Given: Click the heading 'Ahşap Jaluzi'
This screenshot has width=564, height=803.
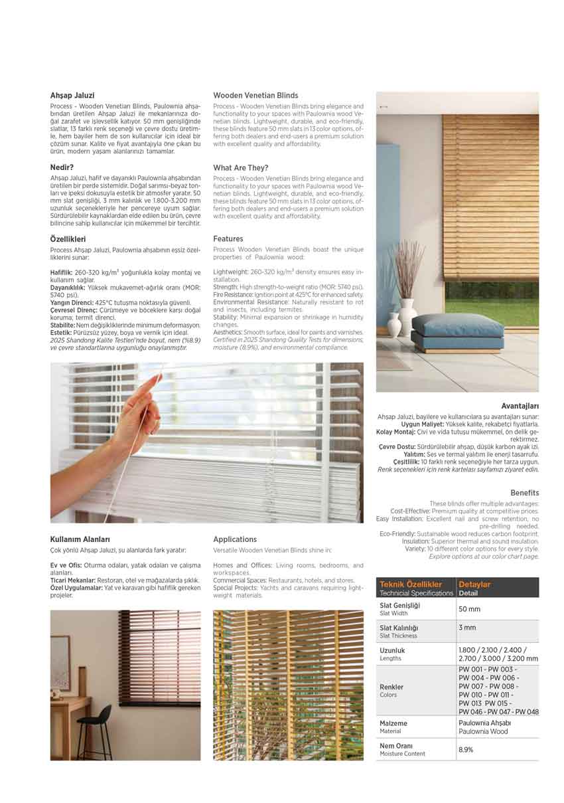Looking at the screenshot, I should click(72, 96).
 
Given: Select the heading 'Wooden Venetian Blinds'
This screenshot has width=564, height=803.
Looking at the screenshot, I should click(255, 96).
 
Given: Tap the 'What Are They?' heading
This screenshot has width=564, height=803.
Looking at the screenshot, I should click(240, 168).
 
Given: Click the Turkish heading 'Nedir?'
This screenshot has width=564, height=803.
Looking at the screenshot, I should click(62, 168).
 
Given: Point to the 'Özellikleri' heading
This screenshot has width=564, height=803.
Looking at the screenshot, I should click(68, 238).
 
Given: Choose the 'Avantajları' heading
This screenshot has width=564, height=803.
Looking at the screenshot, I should click(520, 406).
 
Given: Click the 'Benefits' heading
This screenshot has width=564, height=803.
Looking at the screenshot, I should click(524, 493).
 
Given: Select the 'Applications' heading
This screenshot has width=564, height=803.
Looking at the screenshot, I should click(235, 539).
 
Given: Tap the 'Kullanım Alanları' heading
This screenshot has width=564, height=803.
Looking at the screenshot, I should click(80, 539).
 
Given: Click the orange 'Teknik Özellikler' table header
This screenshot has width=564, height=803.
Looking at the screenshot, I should click(411, 584).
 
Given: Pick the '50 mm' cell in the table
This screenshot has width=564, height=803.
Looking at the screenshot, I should click(469, 609).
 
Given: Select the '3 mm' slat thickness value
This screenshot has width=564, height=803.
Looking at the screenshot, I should click(466, 628).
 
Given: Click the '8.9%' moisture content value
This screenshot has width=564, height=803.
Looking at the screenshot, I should click(466, 750).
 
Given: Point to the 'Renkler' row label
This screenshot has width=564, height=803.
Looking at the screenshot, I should click(391, 687).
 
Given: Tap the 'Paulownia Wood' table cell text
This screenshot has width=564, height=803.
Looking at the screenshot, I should click(482, 732).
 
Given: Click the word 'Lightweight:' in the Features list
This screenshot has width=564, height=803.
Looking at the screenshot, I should click(231, 272).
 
